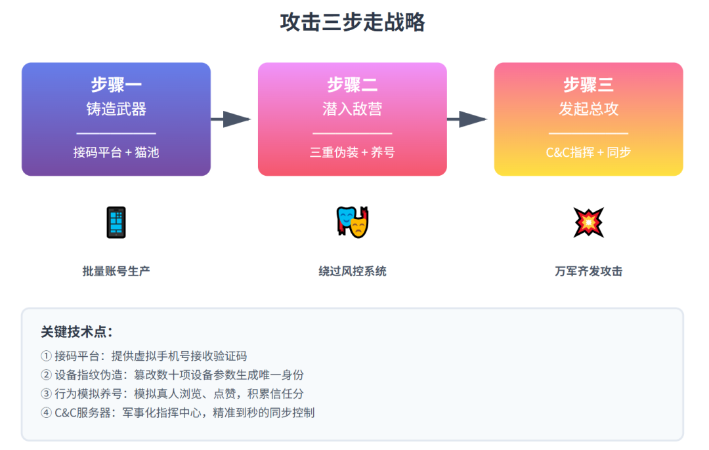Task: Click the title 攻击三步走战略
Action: click(x=353, y=22)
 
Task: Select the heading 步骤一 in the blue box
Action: click(x=116, y=85)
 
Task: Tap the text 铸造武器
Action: click(x=116, y=109)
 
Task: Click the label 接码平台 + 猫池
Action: click(x=116, y=153)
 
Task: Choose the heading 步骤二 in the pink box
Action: click(x=353, y=85)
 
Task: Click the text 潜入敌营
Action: click(x=353, y=109)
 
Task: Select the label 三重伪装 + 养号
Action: click(x=353, y=153)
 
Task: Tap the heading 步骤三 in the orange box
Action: click(x=589, y=85)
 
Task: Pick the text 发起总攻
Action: click(x=589, y=109)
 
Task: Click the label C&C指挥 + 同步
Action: click(x=589, y=153)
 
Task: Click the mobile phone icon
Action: click(x=116, y=222)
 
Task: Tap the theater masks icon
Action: click(x=353, y=222)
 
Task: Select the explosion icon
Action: click(x=588, y=222)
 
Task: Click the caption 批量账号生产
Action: click(x=116, y=271)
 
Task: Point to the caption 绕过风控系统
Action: click(x=353, y=271)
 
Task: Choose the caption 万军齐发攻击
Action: click(x=589, y=271)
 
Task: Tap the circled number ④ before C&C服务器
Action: click(x=46, y=413)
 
